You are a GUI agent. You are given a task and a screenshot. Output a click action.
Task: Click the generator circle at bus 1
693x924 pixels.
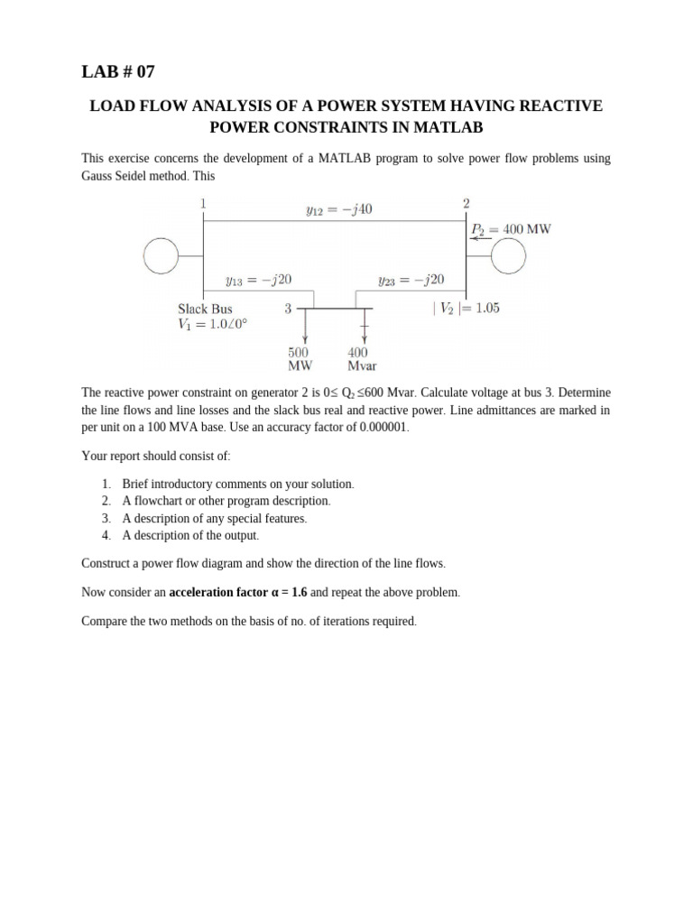(x=162, y=257)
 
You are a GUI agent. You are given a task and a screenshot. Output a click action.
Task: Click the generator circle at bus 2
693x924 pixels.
(x=508, y=257)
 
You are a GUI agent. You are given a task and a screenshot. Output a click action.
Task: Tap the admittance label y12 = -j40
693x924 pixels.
(x=339, y=210)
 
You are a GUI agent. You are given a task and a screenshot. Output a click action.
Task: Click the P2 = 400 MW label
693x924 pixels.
(x=511, y=229)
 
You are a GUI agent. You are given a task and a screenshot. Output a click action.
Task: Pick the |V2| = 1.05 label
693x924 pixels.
(x=467, y=308)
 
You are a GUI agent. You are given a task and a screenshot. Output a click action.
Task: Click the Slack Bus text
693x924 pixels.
(x=205, y=309)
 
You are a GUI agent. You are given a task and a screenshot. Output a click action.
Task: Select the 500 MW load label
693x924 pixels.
(x=299, y=359)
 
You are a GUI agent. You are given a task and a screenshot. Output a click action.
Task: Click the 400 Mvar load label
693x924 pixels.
(x=361, y=359)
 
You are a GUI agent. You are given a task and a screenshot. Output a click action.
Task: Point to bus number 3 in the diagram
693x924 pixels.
(x=288, y=309)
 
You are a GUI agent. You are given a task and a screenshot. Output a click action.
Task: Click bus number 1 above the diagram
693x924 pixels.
(x=203, y=203)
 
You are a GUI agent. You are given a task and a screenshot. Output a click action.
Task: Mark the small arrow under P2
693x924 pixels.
(x=481, y=239)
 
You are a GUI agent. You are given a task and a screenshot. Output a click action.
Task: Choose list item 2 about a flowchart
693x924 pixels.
(x=226, y=501)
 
